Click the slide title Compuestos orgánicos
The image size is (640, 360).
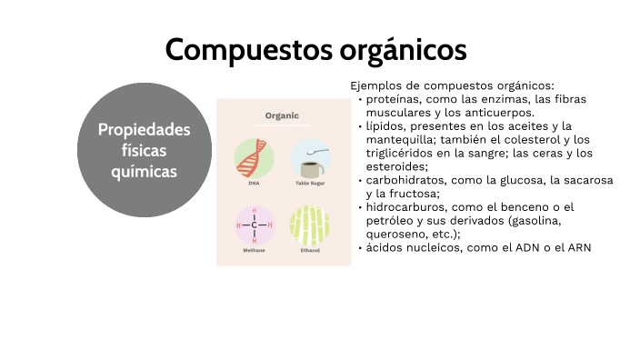tap(315, 49)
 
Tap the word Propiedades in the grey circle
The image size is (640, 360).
tap(145, 129)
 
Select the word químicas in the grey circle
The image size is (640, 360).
tap(145, 171)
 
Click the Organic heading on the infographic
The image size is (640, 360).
tap(282, 116)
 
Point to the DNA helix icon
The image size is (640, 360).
tap(254, 157)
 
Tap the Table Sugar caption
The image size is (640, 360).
tap(310, 183)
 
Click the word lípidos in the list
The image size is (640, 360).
tap(385, 125)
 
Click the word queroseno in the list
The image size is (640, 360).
tap(396, 234)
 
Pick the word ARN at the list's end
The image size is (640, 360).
tap(579, 247)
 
